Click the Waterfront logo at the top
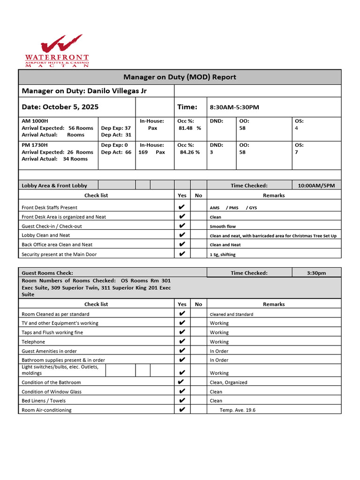click(57, 51)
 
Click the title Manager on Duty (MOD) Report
click(180, 77)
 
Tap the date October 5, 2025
click(76, 107)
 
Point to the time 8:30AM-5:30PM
click(234, 107)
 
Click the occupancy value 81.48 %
click(190, 128)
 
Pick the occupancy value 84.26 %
click(190, 152)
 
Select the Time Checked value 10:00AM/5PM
click(316, 186)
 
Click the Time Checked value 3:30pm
click(316, 273)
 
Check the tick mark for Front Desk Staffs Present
click(182, 207)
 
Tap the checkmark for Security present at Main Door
click(182, 254)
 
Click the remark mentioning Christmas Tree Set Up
click(273, 236)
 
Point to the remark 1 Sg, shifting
click(223, 255)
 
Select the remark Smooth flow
click(223, 226)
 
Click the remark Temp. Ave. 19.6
click(238, 410)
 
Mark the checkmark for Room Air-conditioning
click(182, 410)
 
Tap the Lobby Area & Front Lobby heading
click(54, 186)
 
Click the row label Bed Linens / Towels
click(44, 401)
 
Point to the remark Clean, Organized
click(229, 382)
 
